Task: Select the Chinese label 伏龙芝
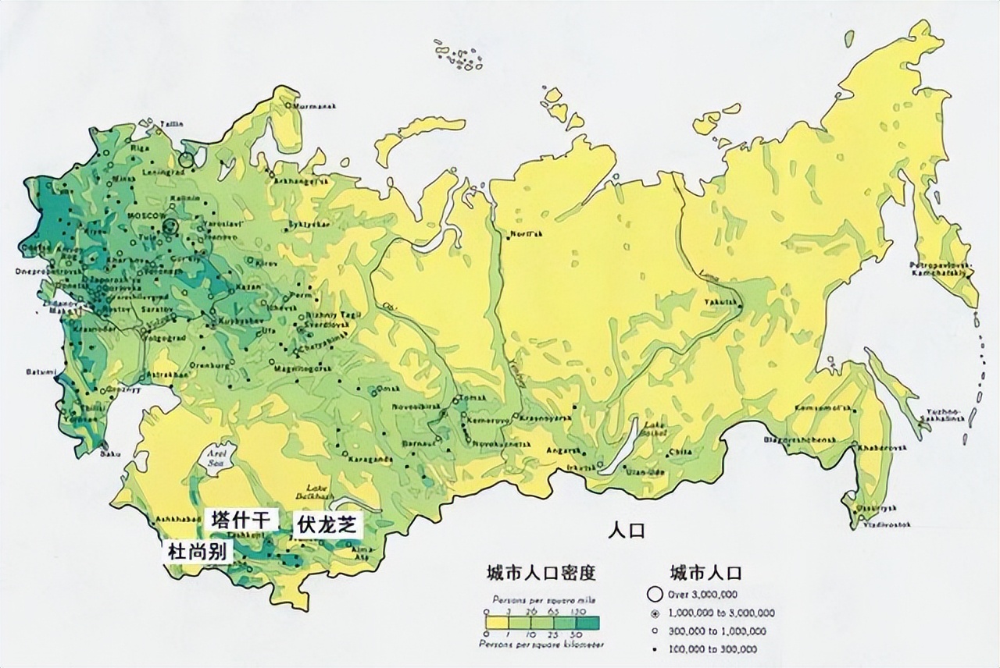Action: pyautogui.click(x=327, y=524)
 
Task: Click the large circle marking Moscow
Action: pyautogui.click(x=171, y=228)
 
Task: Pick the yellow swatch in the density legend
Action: pyautogui.click(x=495, y=623)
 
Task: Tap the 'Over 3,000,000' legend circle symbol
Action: pyautogui.click(x=656, y=594)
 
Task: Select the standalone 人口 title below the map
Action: pyautogui.click(x=627, y=531)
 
